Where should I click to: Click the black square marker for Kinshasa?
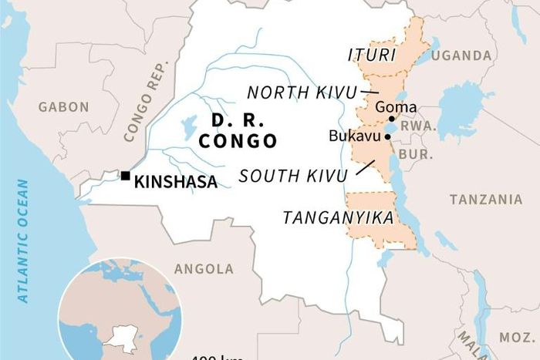pyautogui.click(x=125, y=176)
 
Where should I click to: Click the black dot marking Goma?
pyautogui.click(x=392, y=119)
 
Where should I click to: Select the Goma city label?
pyautogui.click(x=395, y=107)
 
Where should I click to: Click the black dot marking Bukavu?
pyautogui.click(x=386, y=137)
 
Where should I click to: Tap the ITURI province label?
pyautogui.click(x=371, y=56)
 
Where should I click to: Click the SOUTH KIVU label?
pyautogui.click(x=293, y=176)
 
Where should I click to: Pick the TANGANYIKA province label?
pyautogui.click(x=338, y=218)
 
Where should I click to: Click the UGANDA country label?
pyautogui.click(x=461, y=56)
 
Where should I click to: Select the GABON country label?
pyautogui.click(x=64, y=107)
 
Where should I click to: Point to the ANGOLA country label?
pyautogui.click(x=204, y=269)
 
